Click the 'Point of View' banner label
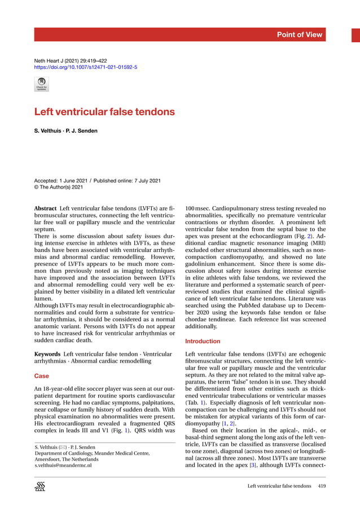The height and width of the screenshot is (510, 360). (300, 34)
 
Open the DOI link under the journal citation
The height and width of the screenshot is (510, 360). (86, 67)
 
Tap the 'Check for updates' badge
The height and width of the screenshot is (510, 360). (42, 84)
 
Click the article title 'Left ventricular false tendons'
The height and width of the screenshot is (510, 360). (104, 112)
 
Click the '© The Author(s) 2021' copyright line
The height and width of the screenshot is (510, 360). (59, 188)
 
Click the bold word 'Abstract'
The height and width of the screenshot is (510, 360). (45, 208)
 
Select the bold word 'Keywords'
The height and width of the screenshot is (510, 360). (47, 354)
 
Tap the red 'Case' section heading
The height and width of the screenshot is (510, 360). (42, 376)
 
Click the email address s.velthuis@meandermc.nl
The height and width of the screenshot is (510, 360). (63, 465)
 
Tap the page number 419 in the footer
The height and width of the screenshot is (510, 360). (322, 486)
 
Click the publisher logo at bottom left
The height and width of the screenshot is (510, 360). (40, 487)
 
